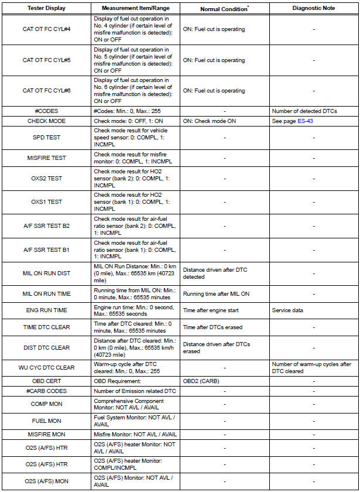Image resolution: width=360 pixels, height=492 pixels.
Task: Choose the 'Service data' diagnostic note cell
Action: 287,310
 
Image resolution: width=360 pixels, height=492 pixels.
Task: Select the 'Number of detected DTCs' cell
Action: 304,111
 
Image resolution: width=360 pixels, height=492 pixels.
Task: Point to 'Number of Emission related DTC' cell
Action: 135,391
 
